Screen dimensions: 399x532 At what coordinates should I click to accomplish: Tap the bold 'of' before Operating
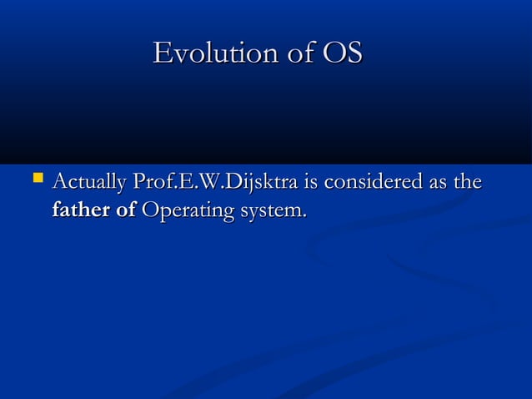tap(126, 210)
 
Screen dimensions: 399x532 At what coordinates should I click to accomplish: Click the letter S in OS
tap(354, 54)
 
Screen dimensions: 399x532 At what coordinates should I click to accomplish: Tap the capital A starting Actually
tap(58, 182)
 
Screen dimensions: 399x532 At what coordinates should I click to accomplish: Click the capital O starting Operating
tap(151, 210)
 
